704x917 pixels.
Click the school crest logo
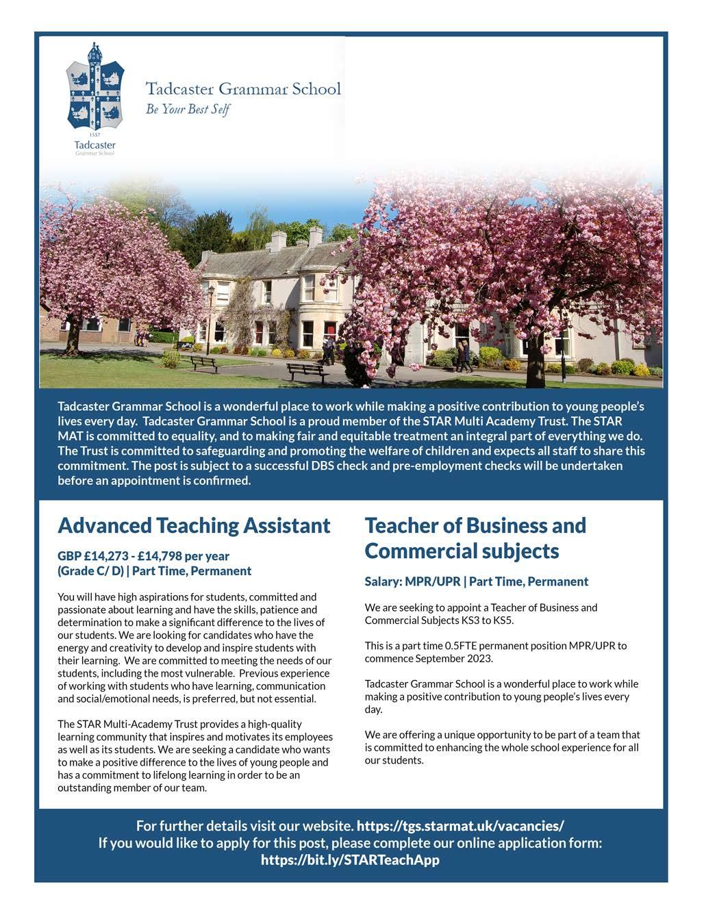[x=95, y=89]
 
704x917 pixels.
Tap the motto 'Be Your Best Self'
[x=188, y=109]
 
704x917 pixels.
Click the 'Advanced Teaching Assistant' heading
[x=194, y=525]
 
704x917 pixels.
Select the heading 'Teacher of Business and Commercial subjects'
[x=475, y=538]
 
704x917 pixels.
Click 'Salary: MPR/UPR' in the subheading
[x=412, y=581]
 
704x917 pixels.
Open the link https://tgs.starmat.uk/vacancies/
[x=460, y=825]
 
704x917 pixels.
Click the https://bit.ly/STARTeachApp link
[x=350, y=859]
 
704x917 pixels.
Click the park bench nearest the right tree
[x=307, y=371]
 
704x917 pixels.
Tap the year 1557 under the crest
[x=95, y=136]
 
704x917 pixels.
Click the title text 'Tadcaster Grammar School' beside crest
[x=243, y=88]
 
